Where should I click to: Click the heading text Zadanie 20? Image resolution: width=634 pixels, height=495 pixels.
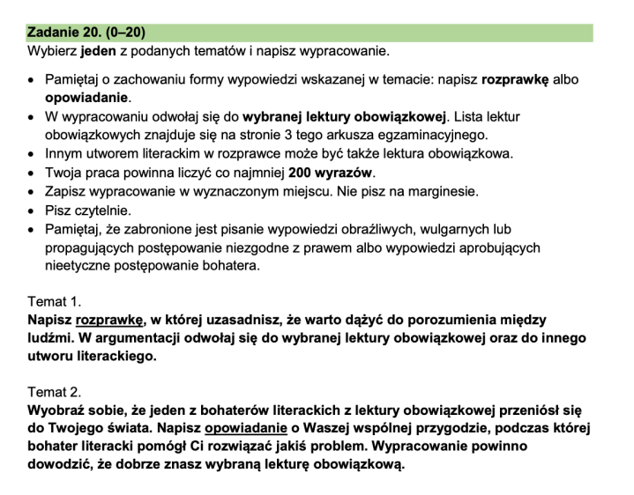tap(64, 33)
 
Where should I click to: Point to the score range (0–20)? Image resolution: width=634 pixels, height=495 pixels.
tap(130, 33)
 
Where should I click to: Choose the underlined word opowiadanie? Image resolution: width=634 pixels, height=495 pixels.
tap(247, 428)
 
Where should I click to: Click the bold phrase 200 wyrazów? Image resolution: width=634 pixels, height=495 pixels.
tap(330, 172)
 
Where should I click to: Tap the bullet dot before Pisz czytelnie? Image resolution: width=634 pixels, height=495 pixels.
tap(32, 211)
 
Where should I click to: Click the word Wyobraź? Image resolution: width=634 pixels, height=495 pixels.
tap(58, 410)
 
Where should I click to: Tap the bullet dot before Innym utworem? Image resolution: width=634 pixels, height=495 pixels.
tap(32, 153)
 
